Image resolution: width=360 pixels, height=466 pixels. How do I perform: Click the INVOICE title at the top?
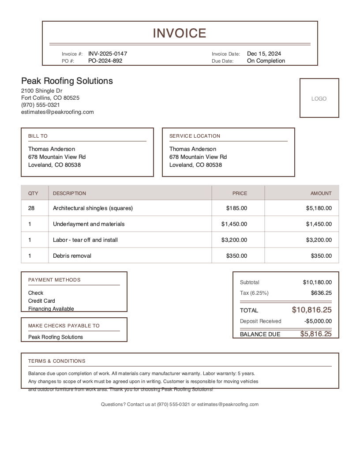point(180,33)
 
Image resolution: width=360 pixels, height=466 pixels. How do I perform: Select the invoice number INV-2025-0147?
point(108,54)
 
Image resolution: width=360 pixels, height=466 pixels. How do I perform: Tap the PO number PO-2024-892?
point(105,61)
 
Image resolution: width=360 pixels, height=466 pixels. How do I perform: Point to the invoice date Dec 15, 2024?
point(264,54)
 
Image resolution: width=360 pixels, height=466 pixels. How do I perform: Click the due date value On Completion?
point(266,61)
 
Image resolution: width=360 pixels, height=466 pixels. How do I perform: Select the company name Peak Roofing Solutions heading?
point(67,81)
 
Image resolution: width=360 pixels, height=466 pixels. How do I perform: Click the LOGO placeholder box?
point(319,98)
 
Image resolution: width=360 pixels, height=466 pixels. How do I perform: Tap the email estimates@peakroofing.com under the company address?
point(57,112)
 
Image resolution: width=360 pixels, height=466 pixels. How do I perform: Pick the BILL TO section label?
point(38,136)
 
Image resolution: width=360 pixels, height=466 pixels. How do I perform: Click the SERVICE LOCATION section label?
point(195,136)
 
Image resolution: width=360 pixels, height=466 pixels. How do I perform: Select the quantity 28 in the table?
point(31,208)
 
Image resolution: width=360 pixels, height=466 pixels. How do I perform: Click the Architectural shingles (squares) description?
point(93,208)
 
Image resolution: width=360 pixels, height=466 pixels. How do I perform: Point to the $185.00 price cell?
point(236,208)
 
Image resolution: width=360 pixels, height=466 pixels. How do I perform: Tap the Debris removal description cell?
point(72,256)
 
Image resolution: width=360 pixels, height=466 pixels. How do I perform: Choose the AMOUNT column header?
point(321,193)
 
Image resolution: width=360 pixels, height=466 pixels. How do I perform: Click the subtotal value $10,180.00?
point(317,282)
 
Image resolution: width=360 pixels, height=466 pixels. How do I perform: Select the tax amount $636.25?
point(321,293)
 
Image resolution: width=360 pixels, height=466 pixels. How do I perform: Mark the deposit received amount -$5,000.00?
point(318,321)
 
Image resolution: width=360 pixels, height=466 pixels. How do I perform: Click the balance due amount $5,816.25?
point(315,334)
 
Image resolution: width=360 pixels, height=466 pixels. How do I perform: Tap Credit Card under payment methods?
point(41,301)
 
